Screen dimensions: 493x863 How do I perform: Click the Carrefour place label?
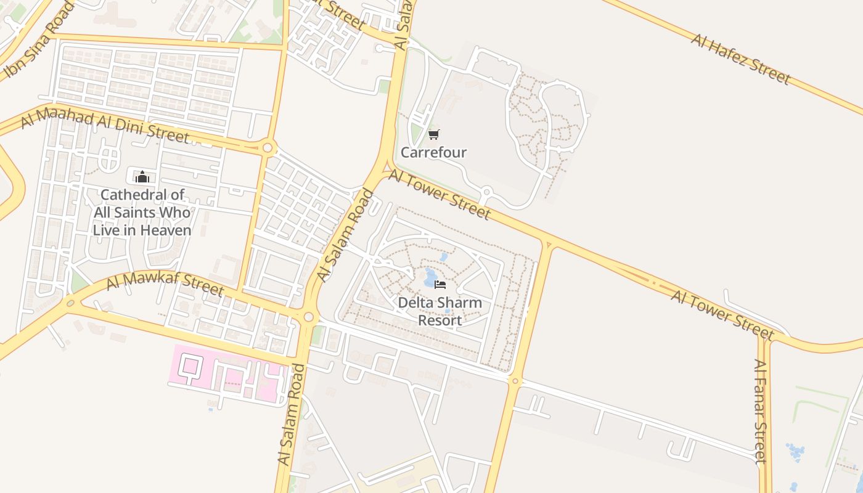433,152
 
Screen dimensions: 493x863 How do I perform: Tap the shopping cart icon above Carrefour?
434,134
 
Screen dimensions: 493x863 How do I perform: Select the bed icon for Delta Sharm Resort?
440,284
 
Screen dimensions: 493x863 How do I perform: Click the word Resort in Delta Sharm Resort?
440,320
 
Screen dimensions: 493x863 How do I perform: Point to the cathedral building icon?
142,177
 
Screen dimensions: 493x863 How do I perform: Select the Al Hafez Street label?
740,59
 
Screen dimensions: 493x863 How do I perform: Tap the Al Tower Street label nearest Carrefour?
439,195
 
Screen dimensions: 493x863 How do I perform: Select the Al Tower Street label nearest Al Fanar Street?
722,314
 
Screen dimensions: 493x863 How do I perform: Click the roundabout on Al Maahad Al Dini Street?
268,148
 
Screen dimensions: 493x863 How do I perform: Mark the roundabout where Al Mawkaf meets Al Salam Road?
308,317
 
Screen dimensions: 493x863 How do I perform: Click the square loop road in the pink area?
190,366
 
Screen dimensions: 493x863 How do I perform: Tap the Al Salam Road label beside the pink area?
291,415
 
